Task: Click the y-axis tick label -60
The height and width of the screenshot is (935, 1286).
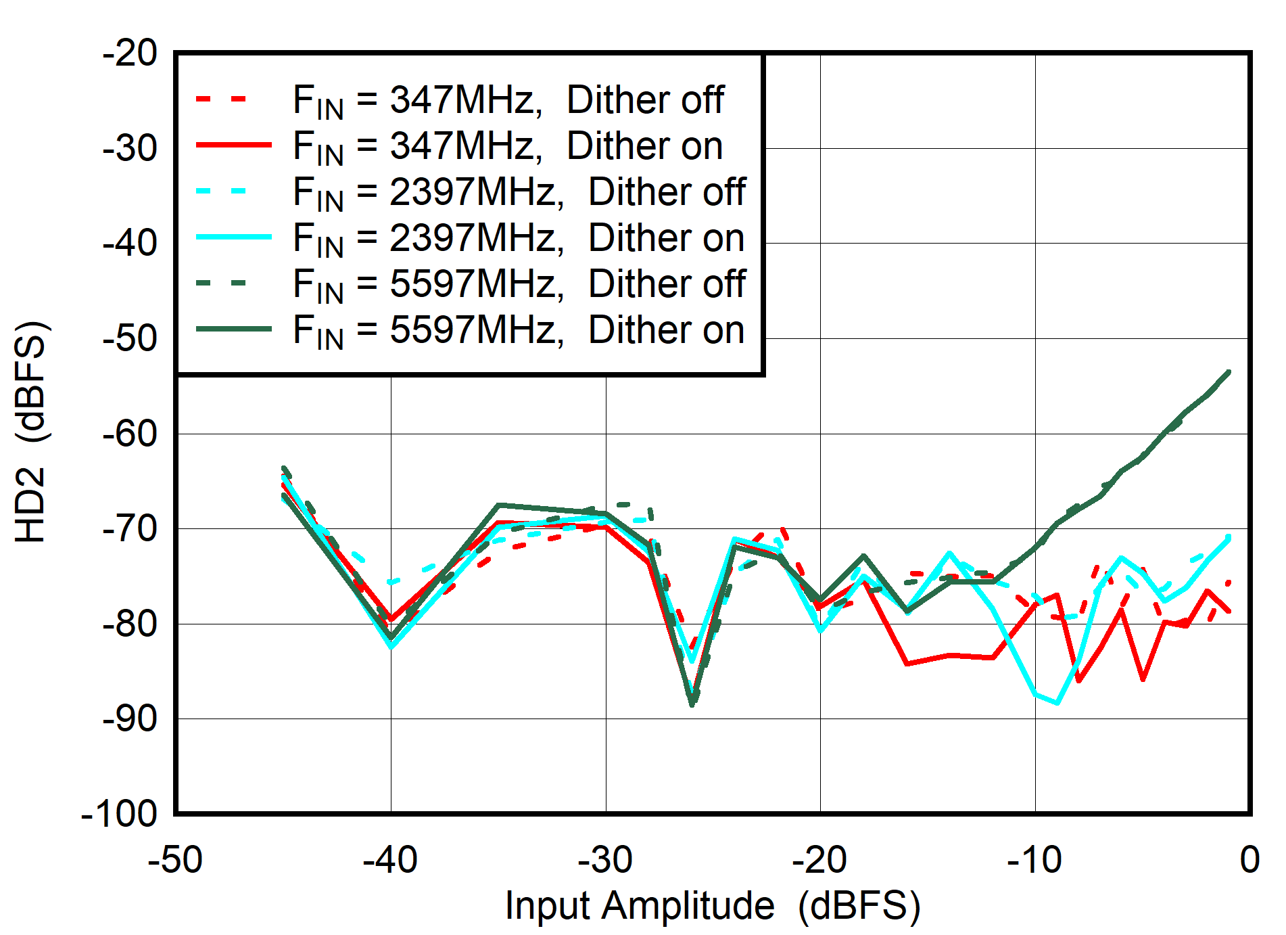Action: pos(130,434)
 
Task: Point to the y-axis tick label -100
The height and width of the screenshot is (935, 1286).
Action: pos(119,814)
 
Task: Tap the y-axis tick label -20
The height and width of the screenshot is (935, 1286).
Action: pos(130,53)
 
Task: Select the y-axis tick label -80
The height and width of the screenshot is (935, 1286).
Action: pos(130,624)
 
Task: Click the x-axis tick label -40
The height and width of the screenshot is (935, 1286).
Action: pos(390,861)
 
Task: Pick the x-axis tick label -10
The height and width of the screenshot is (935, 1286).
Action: pos(1034,861)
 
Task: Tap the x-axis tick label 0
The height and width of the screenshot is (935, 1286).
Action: pos(1249,861)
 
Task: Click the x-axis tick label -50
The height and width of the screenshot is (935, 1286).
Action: pos(175,861)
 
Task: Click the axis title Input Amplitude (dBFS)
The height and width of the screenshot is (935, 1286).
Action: pos(712,906)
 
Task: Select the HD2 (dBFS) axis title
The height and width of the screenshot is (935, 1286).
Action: pos(30,433)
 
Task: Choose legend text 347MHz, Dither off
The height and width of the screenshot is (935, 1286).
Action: pos(508,100)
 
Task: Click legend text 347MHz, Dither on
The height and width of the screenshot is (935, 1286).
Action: pos(508,146)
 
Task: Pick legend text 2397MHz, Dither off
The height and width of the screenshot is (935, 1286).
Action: pos(519,192)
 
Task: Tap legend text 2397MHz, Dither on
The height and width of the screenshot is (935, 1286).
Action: pos(519,238)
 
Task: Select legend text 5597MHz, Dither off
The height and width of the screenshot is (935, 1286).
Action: pos(519,284)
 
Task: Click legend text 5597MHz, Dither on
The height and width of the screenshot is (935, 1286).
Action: pos(519,330)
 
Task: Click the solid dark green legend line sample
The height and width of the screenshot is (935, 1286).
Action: pos(233,329)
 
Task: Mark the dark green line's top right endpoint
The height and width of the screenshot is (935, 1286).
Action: pos(1229,372)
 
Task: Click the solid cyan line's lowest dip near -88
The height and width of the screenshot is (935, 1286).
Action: pos(1057,703)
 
